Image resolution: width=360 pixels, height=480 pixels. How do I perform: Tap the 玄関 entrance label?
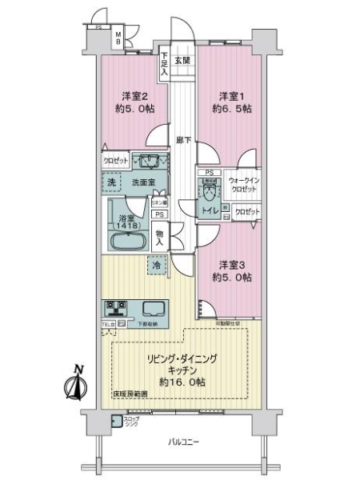pyautogui.click(x=182, y=60)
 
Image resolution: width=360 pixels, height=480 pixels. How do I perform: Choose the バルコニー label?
pyautogui.click(x=184, y=442)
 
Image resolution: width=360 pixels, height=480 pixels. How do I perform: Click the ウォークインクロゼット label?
pyautogui.click(x=243, y=185)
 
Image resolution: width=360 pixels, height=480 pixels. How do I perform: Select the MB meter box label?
pyautogui.click(x=117, y=37)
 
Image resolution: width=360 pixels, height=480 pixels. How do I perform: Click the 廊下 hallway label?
pyautogui.click(x=183, y=140)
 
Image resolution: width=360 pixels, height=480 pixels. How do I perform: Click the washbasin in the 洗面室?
pyautogui.click(x=146, y=159)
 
